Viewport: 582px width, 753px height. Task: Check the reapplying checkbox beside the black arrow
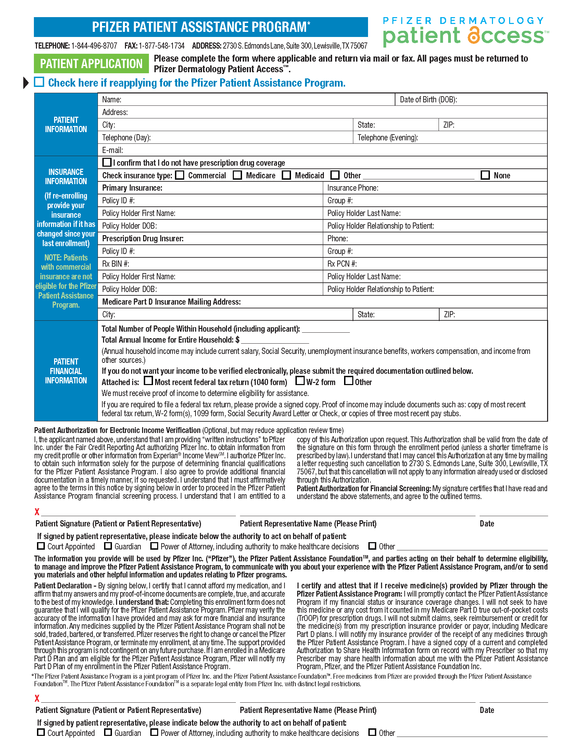[x=39, y=82]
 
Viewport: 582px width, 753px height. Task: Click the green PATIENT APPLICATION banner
[x=91, y=64]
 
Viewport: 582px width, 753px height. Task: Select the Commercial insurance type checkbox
[x=180, y=175]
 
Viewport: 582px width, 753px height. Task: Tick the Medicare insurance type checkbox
[x=237, y=175]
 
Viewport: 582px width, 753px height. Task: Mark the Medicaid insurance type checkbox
[x=286, y=175]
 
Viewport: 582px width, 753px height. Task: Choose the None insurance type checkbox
[x=485, y=175]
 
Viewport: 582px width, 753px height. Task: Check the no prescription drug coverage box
[x=107, y=162]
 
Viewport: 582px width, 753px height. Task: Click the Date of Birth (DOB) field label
[x=428, y=100]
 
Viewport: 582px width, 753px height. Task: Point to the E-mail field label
[x=112, y=150]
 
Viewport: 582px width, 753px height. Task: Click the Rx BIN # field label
[x=115, y=264]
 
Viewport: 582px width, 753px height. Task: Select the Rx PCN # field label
[x=342, y=264]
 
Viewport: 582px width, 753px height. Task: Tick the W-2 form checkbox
[x=300, y=381]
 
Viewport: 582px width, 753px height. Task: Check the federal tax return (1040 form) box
[x=148, y=381]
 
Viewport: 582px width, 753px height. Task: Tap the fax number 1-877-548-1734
[x=161, y=46]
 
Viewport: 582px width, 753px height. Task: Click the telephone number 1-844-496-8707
[x=94, y=46]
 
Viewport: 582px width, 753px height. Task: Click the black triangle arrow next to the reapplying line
[x=26, y=83]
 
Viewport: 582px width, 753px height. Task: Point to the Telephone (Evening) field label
[x=388, y=138]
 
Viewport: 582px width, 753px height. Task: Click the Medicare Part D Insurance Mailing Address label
[x=172, y=302]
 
